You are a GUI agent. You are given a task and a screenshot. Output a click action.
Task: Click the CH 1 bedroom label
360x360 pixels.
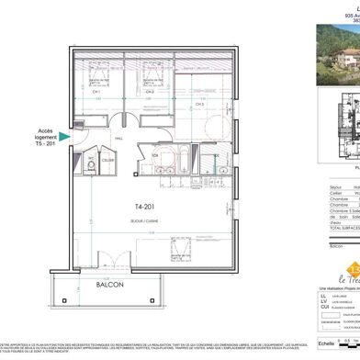95,117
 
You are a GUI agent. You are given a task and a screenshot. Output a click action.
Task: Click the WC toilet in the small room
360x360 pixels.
91,166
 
